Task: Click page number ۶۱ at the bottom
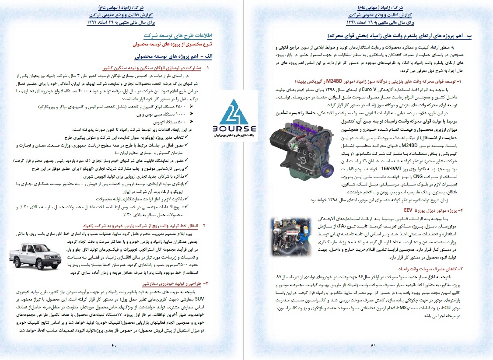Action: pos(373,346)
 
